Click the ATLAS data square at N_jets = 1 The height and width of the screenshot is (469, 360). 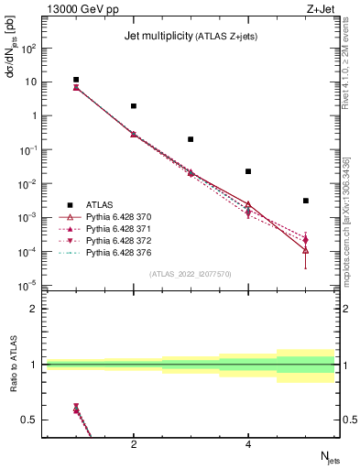[76, 80]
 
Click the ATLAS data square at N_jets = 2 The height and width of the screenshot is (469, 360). [134, 106]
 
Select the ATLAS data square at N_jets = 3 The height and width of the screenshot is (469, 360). [191, 139]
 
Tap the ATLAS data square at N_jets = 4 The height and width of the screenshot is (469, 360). [248, 171]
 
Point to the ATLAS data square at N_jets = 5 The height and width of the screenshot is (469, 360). [306, 201]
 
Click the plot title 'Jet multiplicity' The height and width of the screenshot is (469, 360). [156, 37]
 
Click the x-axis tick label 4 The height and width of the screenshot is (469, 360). [248, 444]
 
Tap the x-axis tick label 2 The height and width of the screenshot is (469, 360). [134, 444]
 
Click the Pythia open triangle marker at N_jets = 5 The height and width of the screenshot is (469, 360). [306, 249]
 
